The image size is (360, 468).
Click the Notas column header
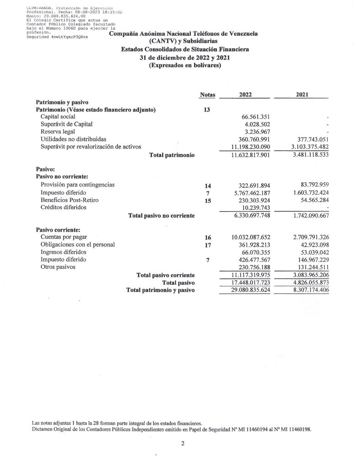tap(207, 95)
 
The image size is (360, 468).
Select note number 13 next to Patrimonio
tap(207, 110)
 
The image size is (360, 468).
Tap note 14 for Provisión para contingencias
tap(207, 186)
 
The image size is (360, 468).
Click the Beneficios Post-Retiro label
tap(69, 200)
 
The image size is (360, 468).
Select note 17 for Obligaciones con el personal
tap(207, 245)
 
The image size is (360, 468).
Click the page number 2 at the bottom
tap(182, 442)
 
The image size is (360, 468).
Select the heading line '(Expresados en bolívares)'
tap(185, 65)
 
